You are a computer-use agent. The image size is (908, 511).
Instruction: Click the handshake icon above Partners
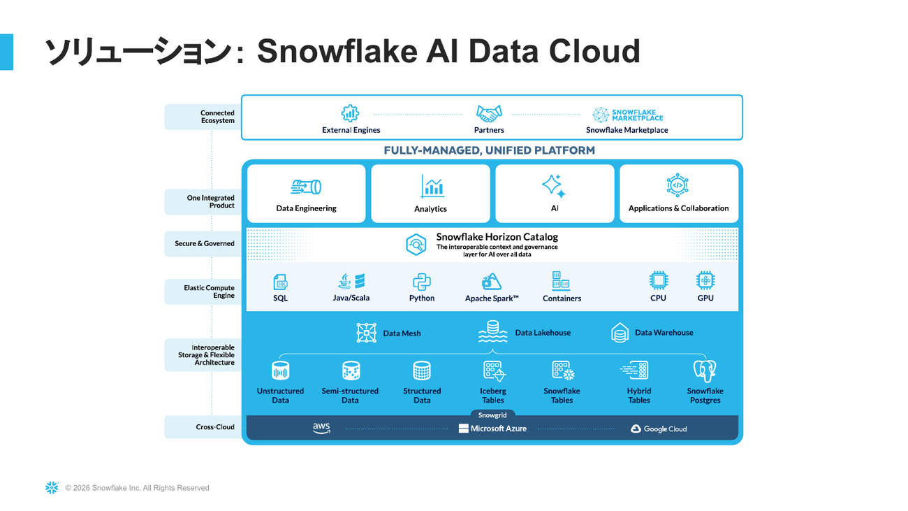(x=489, y=113)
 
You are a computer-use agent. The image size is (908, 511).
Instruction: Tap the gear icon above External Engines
(x=350, y=113)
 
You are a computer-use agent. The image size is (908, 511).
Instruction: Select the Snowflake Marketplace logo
(x=627, y=115)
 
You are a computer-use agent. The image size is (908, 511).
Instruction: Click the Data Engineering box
(x=306, y=194)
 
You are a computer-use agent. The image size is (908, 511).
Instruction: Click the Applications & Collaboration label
(x=678, y=208)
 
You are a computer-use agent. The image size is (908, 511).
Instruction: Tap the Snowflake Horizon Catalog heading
(x=497, y=237)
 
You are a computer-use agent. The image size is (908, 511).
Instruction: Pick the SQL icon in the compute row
(x=281, y=282)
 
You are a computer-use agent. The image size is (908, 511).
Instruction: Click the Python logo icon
(x=422, y=282)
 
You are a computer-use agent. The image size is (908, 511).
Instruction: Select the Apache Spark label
(x=492, y=298)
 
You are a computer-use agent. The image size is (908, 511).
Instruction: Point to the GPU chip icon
(x=705, y=281)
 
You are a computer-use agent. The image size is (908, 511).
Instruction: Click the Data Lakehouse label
(x=542, y=333)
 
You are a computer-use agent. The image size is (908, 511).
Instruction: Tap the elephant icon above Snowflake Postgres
(x=704, y=370)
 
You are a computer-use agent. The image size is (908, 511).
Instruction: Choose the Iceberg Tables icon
(x=493, y=370)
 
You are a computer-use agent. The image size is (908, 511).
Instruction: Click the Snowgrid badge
(x=492, y=415)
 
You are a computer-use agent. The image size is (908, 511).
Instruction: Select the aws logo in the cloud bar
(x=321, y=428)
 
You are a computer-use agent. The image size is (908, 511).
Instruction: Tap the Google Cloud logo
(x=659, y=429)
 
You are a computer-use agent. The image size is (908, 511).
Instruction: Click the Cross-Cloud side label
(x=215, y=427)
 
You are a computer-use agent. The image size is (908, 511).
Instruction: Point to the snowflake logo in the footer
(x=52, y=488)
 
